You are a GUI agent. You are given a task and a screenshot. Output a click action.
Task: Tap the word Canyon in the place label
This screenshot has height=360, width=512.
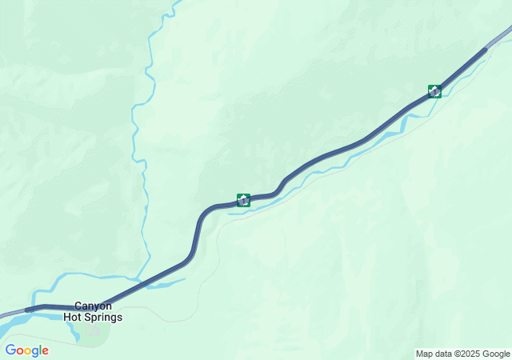coord(94,306)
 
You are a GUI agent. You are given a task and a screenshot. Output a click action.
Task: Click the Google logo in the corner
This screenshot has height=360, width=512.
coord(26,350)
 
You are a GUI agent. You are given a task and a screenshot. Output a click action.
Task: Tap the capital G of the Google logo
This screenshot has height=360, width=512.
coord(10,350)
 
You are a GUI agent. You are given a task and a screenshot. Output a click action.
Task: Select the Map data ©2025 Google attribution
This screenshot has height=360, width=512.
coord(462,354)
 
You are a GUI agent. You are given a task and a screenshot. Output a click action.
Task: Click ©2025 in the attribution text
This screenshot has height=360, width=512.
coord(470,354)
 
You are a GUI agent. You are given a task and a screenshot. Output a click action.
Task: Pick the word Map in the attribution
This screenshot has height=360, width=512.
coord(424,354)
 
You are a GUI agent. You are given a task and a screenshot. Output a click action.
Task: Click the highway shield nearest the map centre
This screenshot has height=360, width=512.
coord(243,199)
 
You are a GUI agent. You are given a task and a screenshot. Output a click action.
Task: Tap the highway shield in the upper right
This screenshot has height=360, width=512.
coord(434,90)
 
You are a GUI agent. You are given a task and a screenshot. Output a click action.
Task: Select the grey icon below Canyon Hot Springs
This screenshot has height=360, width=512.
coord(94,330)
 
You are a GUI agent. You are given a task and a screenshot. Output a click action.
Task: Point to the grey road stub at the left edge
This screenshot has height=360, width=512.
coord(10,314)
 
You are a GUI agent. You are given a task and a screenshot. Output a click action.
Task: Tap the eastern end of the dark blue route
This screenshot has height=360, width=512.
coord(484,50)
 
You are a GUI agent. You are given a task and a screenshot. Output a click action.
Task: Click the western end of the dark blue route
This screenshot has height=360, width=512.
coord(29,309)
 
